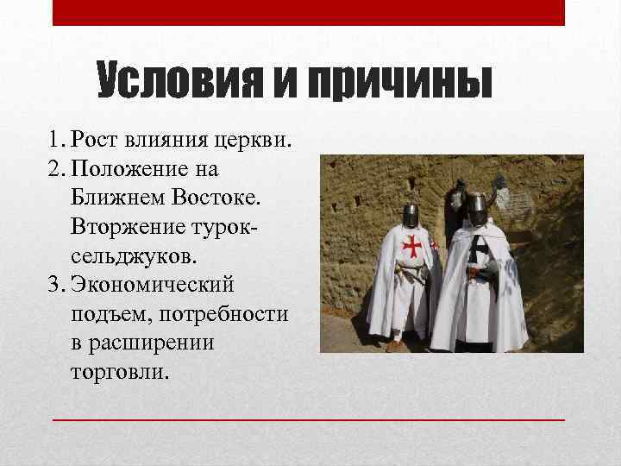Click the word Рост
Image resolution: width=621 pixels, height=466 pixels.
pos(96,139)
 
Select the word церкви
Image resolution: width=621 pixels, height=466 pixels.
pos(260,139)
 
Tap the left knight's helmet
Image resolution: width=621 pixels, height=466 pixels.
pos(411,215)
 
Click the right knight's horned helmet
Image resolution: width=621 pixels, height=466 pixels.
pos(476,204)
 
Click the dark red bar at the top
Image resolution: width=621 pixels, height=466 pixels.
pos(309,12)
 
